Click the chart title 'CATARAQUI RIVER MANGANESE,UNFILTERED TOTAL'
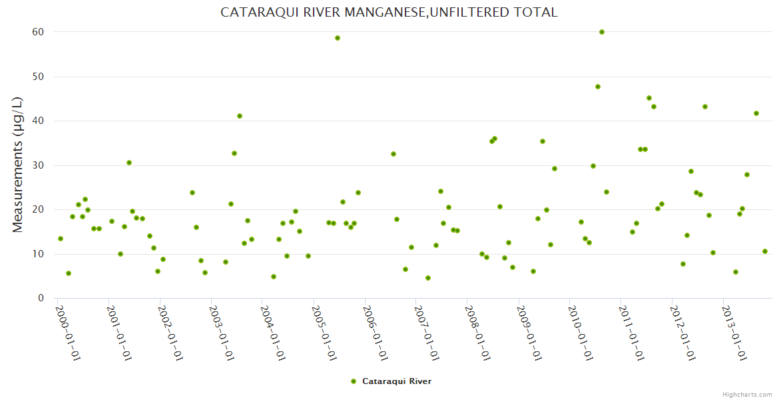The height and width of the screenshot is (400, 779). pyautogui.click(x=389, y=13)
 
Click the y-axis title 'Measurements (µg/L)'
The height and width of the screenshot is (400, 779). pyautogui.click(x=18, y=165)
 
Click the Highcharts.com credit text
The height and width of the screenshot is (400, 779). pyautogui.click(x=747, y=394)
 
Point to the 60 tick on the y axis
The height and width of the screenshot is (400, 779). pyautogui.click(x=38, y=32)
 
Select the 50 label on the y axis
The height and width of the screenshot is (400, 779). pyautogui.click(x=38, y=77)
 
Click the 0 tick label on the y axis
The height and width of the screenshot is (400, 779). pyautogui.click(x=41, y=298)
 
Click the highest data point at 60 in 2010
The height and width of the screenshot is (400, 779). pyautogui.click(x=602, y=32)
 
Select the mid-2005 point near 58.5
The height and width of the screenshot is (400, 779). pyautogui.click(x=338, y=38)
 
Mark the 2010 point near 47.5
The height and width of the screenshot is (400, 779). pyautogui.click(x=598, y=87)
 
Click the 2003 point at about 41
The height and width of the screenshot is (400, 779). pyautogui.click(x=240, y=116)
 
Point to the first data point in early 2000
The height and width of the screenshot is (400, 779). pyautogui.click(x=61, y=239)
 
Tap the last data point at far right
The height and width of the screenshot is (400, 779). pyautogui.click(x=765, y=251)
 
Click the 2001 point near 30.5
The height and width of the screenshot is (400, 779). pyautogui.click(x=129, y=163)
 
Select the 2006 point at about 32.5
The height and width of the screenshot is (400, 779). pyautogui.click(x=393, y=154)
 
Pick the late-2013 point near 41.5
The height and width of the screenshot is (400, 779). pyautogui.click(x=756, y=113)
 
